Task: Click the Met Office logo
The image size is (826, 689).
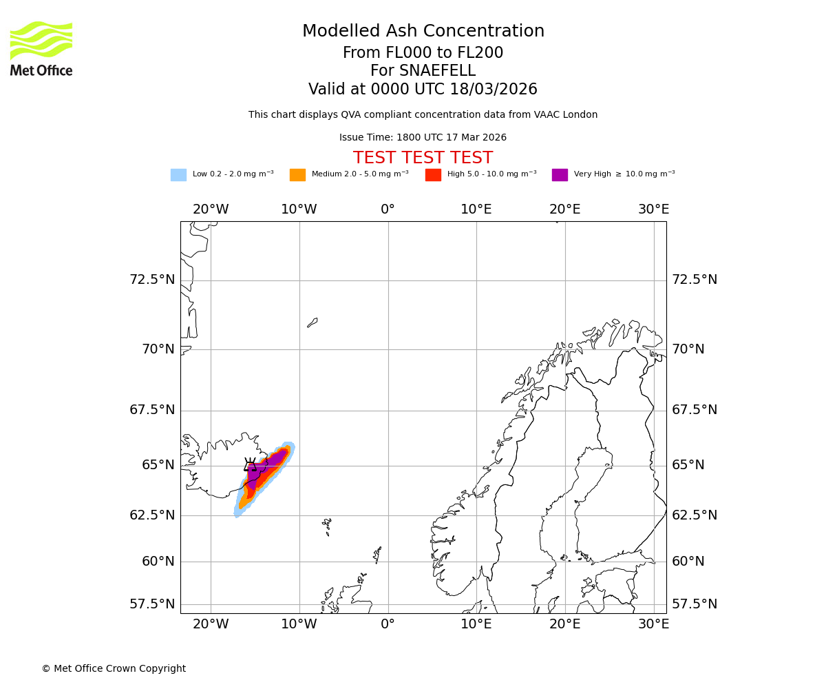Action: point(41,48)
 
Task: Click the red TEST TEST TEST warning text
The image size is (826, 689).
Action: point(423,158)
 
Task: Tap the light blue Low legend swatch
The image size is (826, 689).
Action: point(178,175)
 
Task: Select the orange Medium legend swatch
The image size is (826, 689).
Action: point(297,175)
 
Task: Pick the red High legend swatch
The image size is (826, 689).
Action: point(433,175)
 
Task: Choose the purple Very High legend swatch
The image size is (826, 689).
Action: point(560,175)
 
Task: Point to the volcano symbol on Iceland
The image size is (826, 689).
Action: point(251,464)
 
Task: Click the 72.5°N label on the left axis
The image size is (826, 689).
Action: point(152,280)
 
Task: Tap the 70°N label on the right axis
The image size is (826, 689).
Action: point(688,349)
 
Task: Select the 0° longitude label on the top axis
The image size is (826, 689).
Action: point(388,209)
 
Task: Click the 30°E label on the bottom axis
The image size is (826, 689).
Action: point(653,624)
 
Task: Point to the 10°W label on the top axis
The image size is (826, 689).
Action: point(299,209)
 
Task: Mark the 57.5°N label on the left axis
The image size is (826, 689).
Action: point(152,604)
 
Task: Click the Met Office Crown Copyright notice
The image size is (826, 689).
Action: point(114,669)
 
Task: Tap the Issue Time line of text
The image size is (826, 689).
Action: point(423,138)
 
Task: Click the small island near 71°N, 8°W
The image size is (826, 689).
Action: point(313,322)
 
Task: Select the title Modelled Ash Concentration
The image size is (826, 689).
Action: point(423,32)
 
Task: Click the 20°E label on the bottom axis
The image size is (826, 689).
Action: point(564,624)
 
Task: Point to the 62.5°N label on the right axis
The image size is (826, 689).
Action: point(695,515)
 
